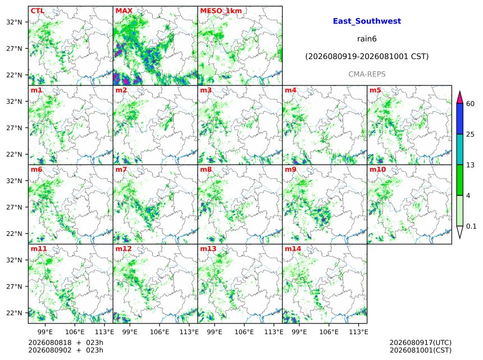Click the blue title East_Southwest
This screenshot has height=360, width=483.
click(367, 21)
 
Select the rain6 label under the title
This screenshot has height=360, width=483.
click(367, 39)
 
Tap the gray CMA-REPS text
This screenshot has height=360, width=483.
click(367, 74)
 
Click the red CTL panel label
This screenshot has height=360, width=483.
click(37, 11)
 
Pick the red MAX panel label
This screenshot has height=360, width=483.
click(124, 11)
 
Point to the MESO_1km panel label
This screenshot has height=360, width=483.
click(221, 11)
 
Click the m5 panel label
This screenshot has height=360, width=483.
click(375, 90)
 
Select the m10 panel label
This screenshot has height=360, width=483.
click(377, 170)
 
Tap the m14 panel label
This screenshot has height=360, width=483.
click(293, 249)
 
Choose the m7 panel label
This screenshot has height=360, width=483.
click(121, 170)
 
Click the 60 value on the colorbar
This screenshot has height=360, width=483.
click(470, 104)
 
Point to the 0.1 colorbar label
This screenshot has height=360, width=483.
click(471, 226)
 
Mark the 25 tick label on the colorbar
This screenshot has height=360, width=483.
click(470, 134)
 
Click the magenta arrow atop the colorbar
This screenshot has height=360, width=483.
click(459, 98)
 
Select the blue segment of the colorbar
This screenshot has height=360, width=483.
click(459, 119)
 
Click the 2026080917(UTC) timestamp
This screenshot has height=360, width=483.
click(421, 343)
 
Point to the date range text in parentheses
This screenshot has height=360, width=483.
click(367, 57)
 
